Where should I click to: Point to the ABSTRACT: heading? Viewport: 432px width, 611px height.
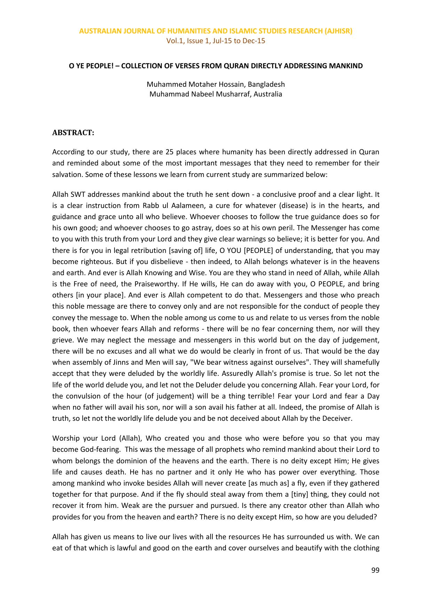pos(73,133)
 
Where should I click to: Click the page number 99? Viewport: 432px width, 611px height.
pos(375,570)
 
